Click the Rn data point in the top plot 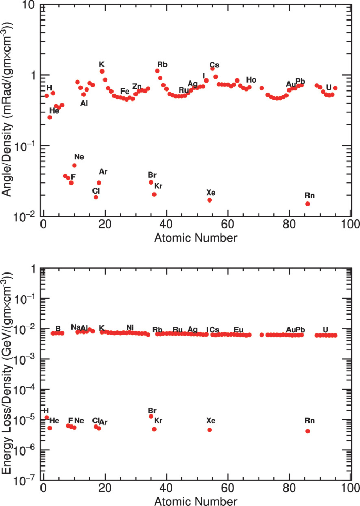click(307, 204)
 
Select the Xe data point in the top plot click(209, 200)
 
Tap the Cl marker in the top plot click(96, 197)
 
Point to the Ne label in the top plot click(79, 157)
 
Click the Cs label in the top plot click(214, 65)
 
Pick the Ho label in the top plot click(251, 80)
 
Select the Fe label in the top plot click(125, 91)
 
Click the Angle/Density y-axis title click(7, 110)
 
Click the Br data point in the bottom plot click(151, 416)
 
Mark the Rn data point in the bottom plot click(307, 431)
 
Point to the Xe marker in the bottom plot click(209, 430)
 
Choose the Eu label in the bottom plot click(239, 330)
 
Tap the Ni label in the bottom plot click(130, 328)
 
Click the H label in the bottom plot click(46, 410)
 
